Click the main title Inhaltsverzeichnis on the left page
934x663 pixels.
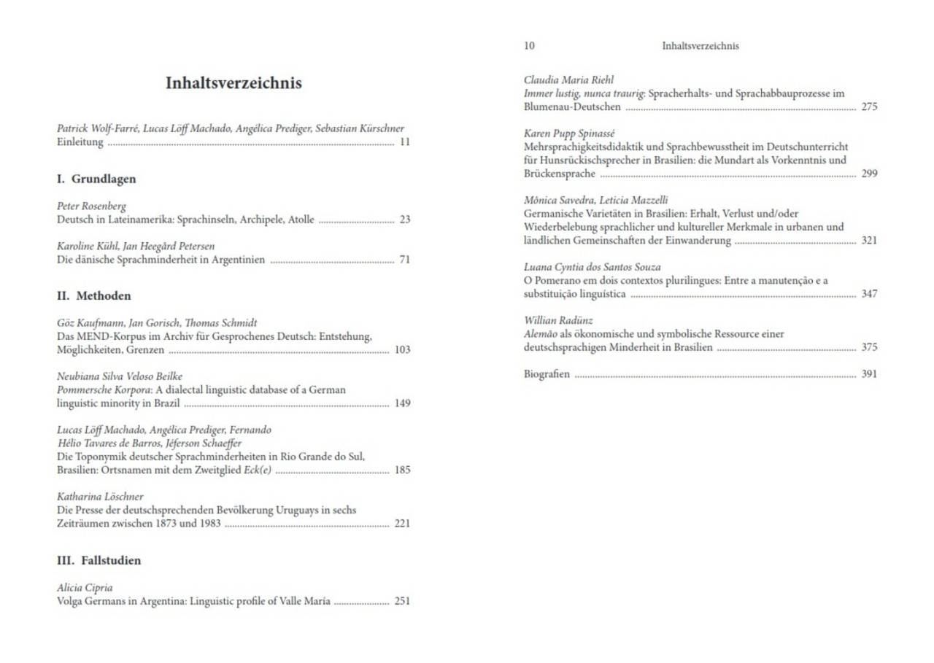pos(233,83)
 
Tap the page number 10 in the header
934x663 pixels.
pos(529,46)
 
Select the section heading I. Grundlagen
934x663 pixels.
pos(96,179)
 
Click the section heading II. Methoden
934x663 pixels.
pos(94,295)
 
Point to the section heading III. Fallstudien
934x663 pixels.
pos(99,560)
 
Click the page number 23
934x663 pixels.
pos(404,220)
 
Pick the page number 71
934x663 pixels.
pos(404,260)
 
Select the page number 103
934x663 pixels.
pos(402,349)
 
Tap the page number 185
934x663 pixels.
pos(402,470)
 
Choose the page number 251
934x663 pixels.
pos(402,601)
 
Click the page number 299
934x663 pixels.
pos(869,174)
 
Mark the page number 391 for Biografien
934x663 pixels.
pos(869,374)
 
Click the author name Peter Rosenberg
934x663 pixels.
pos(92,206)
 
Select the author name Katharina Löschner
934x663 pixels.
pos(100,497)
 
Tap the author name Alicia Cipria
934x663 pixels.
pos(85,587)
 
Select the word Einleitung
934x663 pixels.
pos(80,142)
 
